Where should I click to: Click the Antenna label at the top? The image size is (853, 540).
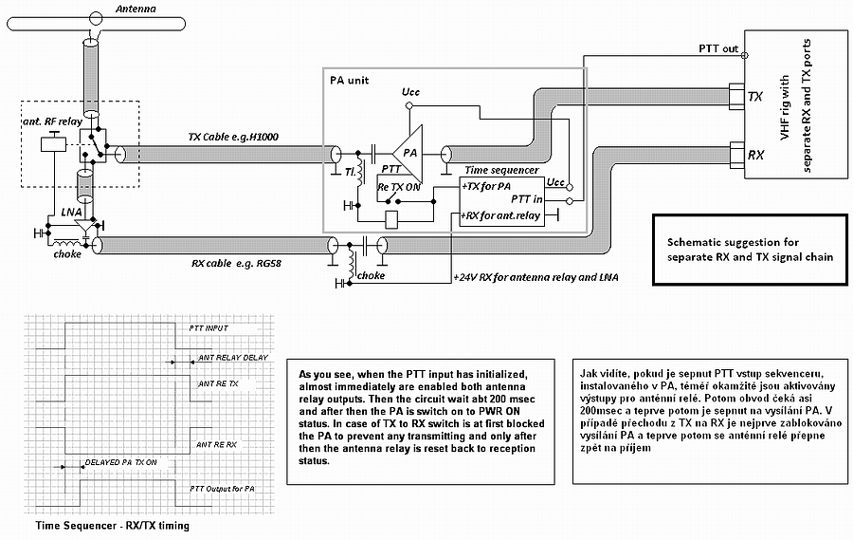(136, 9)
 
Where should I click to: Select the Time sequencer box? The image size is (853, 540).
(501, 201)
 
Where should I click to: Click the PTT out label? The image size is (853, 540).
(718, 48)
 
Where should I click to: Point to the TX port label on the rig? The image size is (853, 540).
(755, 97)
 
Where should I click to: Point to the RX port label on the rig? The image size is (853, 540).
(755, 156)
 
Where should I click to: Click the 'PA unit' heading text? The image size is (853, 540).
(349, 80)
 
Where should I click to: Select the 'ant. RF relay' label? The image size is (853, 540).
(52, 121)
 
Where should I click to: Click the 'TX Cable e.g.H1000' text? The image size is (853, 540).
(233, 137)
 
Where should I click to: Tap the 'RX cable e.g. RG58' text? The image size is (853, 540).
(236, 264)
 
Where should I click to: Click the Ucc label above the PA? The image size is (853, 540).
(410, 92)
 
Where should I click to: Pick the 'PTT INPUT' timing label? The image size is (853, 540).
(209, 328)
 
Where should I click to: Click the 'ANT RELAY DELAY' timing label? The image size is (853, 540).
(233, 358)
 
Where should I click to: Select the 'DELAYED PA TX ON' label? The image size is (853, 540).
(120, 462)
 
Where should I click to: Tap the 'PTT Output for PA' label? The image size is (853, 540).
(222, 489)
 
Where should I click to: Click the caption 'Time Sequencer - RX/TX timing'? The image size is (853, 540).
(113, 526)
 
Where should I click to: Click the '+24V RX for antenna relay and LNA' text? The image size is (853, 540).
(535, 277)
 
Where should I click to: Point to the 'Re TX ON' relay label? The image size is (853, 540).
(399, 187)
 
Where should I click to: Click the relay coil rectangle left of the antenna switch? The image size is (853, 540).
(53, 144)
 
